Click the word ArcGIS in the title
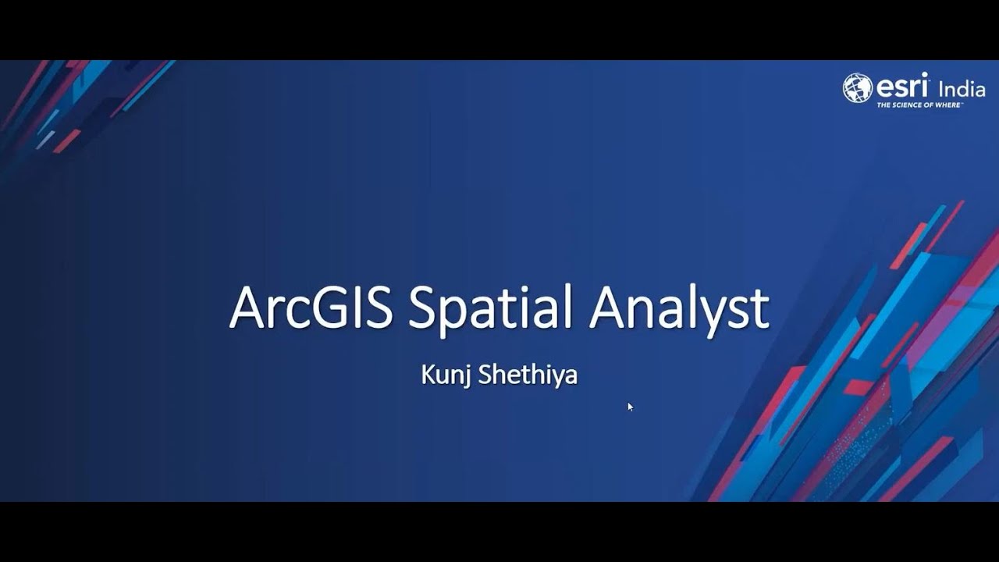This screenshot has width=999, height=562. pyautogui.click(x=313, y=308)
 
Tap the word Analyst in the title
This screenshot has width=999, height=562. pyautogui.click(x=679, y=308)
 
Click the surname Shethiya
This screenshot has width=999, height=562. pyautogui.click(x=528, y=375)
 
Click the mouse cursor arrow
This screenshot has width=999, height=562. pyautogui.click(x=630, y=406)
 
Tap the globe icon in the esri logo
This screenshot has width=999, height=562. pyautogui.click(x=857, y=87)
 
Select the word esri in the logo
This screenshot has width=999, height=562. pyautogui.click(x=901, y=84)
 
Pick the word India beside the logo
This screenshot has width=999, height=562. pyautogui.click(x=962, y=88)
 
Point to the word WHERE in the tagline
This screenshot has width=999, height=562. pyautogui.click(x=947, y=104)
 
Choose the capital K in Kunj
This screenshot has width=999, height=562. pyautogui.click(x=427, y=375)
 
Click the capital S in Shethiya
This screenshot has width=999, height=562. pyautogui.click(x=485, y=375)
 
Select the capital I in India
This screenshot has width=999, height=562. pyautogui.click(x=940, y=88)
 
